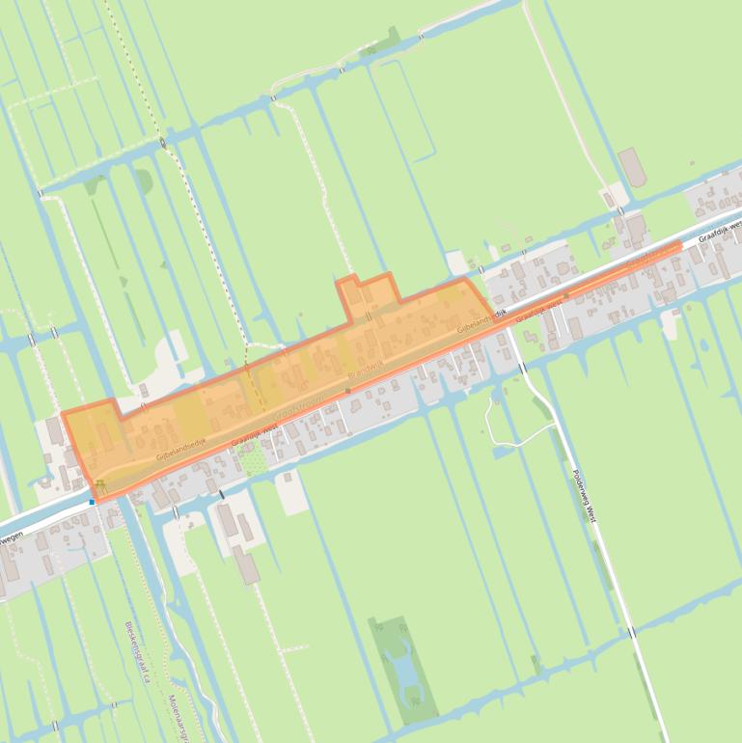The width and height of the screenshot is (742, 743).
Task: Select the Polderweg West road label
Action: click(585, 496)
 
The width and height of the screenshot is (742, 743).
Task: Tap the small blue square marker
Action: click(93, 502)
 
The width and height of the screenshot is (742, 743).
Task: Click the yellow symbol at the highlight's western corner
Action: click(99, 484)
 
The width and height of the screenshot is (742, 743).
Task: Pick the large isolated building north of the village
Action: click(632, 167)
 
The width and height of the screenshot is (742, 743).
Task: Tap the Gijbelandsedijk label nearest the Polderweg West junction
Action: click(481, 322)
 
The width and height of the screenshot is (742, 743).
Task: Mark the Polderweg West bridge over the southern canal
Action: click(630, 633)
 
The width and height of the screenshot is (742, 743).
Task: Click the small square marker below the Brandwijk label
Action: click(348, 391)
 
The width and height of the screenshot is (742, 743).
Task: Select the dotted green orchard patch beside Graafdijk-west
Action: click(254, 461)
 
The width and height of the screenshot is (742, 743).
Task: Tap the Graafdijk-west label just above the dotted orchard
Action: click(256, 435)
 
